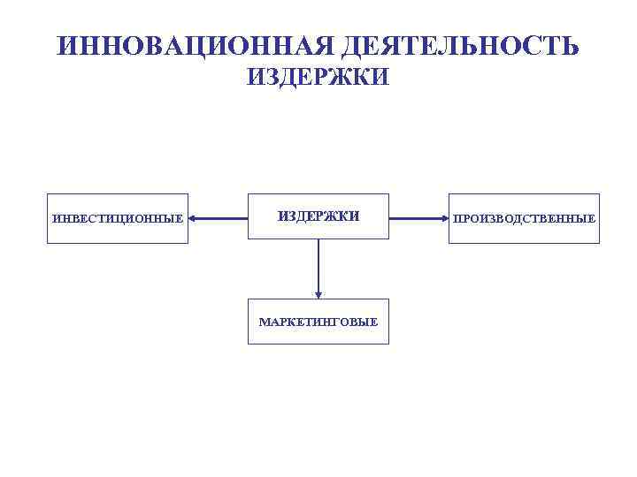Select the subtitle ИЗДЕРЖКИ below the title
click(x=318, y=79)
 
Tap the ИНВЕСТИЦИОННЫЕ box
click(x=118, y=218)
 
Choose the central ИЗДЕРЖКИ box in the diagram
click(x=318, y=216)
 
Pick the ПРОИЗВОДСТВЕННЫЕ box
click(x=524, y=218)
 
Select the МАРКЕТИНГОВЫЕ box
click(x=318, y=321)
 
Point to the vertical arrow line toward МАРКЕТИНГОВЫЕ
click(x=318, y=265)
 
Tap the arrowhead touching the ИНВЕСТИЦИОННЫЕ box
click(x=194, y=217)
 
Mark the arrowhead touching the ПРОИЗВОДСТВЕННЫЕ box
click(x=443, y=217)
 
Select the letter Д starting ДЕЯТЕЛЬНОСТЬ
click(x=348, y=46)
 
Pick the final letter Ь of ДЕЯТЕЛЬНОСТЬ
click(x=571, y=46)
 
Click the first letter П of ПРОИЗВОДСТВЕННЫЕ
click(x=457, y=218)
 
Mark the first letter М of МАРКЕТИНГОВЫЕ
click(x=264, y=322)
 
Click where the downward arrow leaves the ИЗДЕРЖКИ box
click(x=318, y=240)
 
